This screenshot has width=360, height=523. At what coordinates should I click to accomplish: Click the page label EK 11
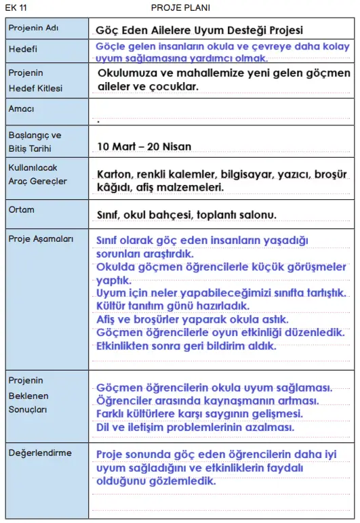pyautogui.click(x=16, y=7)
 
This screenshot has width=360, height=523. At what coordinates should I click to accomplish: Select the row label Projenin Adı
pyautogui.click(x=32, y=29)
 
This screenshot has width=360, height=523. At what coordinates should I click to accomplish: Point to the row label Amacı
pyautogui.click(x=21, y=108)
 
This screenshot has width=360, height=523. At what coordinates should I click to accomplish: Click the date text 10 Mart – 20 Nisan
pyautogui.click(x=144, y=146)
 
